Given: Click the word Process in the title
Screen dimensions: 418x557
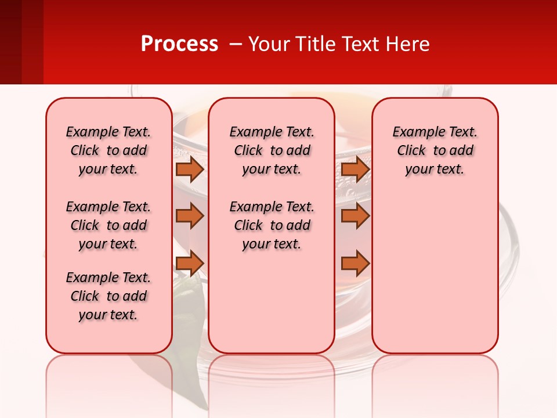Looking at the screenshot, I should [x=179, y=44].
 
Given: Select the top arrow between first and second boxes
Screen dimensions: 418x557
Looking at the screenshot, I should [x=190, y=169].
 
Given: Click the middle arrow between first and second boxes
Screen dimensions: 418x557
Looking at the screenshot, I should [x=190, y=216].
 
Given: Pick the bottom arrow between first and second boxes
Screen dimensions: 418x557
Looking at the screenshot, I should [x=190, y=264].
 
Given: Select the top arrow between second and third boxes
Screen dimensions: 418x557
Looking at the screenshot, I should [x=355, y=169].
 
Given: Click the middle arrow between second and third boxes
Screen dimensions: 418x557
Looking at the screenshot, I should [x=355, y=216].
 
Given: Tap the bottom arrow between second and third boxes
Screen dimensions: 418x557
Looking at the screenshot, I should [x=355, y=264].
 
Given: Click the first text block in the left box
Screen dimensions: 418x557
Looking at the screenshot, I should [x=108, y=150].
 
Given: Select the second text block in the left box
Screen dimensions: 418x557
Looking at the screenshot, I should [x=108, y=225].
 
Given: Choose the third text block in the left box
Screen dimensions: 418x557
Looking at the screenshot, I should [x=108, y=296].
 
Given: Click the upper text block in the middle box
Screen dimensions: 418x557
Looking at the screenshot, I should [x=272, y=150].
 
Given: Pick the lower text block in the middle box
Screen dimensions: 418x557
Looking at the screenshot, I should [x=272, y=225].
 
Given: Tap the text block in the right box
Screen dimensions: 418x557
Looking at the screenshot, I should [x=435, y=150].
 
